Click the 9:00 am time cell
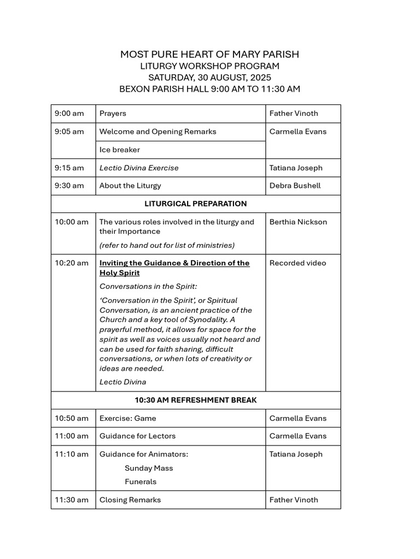(69, 114)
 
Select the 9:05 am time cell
(69, 132)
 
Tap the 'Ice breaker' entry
(120, 150)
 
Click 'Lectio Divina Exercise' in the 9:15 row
(139, 168)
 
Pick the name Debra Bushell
(295, 186)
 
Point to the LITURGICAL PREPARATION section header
(196, 204)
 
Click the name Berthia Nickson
(298, 222)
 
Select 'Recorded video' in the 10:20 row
(297, 263)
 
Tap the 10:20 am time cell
(72, 263)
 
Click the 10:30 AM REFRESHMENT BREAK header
(196, 400)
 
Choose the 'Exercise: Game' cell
(128, 418)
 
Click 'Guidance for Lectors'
(137, 436)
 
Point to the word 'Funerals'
(141, 481)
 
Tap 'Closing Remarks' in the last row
(130, 499)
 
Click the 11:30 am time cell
(72, 499)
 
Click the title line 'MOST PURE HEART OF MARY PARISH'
(209, 55)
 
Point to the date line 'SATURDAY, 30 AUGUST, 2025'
(209, 78)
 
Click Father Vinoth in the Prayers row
(294, 114)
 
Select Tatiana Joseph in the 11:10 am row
(296, 454)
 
